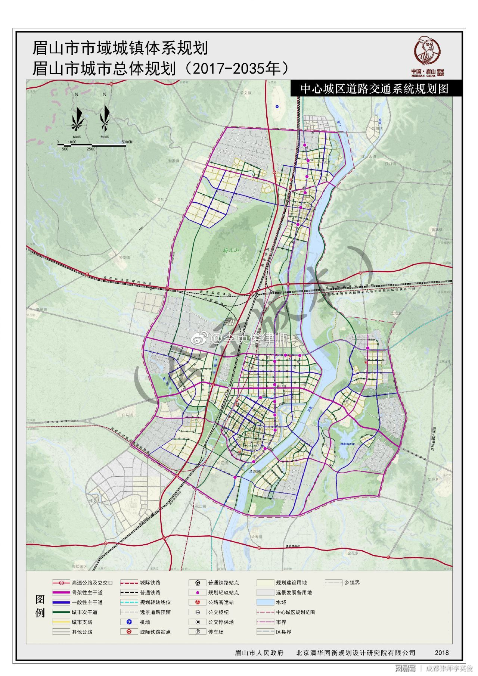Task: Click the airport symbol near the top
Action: [277, 106]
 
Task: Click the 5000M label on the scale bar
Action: [127, 142]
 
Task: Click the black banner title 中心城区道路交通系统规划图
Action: [374, 89]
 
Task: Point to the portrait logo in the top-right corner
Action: [428, 52]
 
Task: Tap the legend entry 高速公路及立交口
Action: [87, 583]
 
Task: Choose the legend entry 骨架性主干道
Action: [87, 592]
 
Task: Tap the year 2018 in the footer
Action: [442, 652]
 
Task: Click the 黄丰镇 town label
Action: [436, 230]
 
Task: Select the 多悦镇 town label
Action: [124, 258]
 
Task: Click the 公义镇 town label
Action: [246, 93]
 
